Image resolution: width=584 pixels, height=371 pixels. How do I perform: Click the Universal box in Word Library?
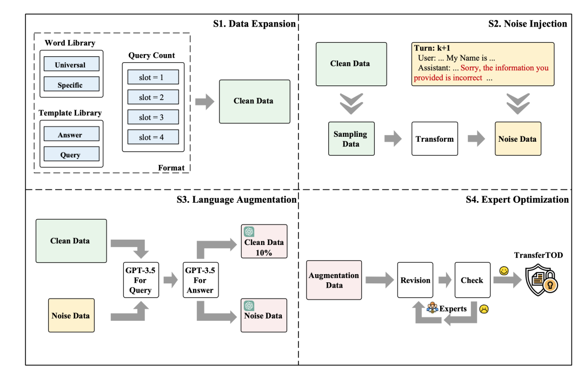coord(70,64)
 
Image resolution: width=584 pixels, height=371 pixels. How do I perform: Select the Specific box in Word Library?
coord(70,84)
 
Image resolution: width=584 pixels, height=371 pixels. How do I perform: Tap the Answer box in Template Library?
coord(70,135)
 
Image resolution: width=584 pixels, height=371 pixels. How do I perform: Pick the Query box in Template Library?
coord(70,154)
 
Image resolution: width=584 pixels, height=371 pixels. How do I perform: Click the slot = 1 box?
coord(152,78)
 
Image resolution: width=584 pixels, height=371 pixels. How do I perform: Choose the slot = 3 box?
coord(152,117)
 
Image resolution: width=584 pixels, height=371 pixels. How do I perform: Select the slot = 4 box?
coord(152,137)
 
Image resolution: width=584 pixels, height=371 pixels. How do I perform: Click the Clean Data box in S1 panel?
coord(254,101)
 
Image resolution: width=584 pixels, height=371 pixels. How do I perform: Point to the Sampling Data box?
coord(350,139)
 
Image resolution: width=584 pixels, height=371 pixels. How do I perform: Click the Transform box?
coord(435,139)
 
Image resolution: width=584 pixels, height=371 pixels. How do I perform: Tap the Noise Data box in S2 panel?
coord(517,139)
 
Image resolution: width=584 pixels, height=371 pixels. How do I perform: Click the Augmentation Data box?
coord(334,280)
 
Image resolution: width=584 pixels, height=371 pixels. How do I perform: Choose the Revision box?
coord(415,280)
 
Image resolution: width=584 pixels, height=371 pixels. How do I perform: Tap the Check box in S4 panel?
coord(472,280)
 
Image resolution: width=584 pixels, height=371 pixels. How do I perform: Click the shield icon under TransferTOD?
coord(541,280)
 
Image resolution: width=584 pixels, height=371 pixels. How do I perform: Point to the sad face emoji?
coord(483,310)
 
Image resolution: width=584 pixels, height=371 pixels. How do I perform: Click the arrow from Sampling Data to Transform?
coord(393,139)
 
